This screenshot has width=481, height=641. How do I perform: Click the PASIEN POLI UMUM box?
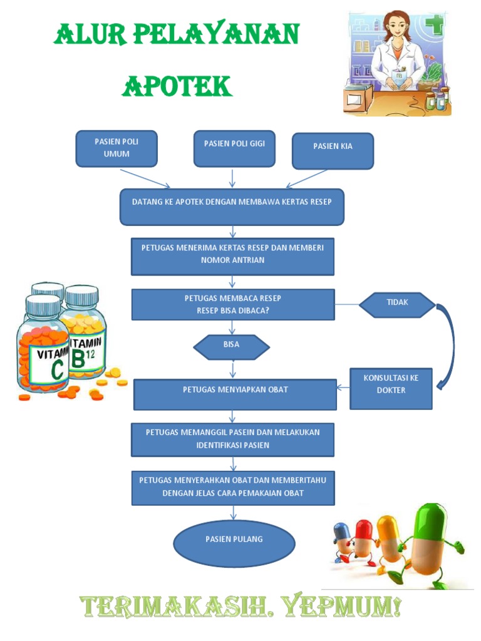(x=116, y=148)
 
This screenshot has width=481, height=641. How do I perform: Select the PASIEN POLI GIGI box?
(x=234, y=149)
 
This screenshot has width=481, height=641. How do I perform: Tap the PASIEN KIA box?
(x=333, y=151)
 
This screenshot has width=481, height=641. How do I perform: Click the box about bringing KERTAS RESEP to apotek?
(x=232, y=207)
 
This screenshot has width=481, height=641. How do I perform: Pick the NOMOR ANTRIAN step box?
(x=232, y=256)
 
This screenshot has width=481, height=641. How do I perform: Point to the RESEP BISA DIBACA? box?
(x=232, y=304)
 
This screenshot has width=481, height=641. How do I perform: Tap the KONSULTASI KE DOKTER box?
(x=391, y=388)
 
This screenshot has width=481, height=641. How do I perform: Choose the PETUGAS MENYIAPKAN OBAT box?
(x=235, y=394)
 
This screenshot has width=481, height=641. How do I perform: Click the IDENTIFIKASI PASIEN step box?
(x=232, y=439)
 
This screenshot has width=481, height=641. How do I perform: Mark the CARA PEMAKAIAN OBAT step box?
(x=233, y=488)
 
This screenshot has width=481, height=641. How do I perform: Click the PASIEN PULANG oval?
(x=234, y=542)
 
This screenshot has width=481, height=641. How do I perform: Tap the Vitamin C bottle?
(x=43, y=351)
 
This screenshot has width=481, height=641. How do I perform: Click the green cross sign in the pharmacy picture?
(x=433, y=26)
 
